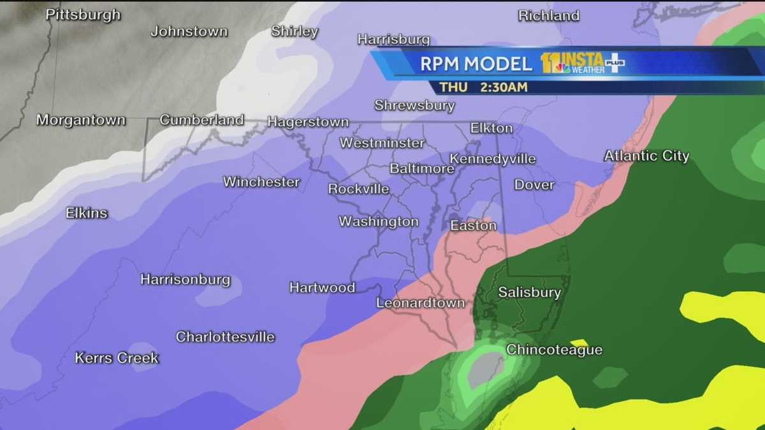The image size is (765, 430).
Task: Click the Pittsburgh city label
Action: pos(83,15)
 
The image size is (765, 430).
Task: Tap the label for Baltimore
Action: pos(421,169)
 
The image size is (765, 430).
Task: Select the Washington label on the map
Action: pos(378,222)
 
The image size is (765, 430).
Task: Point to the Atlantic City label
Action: pos(646,156)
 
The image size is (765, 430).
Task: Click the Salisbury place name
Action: pos(529,292)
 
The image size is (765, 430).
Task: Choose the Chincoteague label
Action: pos(554,350)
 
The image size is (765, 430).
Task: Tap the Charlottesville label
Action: pos(225,337)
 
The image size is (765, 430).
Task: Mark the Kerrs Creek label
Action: pos(117,358)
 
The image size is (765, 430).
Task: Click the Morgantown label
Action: pos(81,120)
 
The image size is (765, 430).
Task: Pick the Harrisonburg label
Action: pos(185,280)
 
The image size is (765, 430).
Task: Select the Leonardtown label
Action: pos(420,303)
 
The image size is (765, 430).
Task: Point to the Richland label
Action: pos(548,16)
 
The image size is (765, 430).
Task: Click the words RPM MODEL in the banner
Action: pos(476,64)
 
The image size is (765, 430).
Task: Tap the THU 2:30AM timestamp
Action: pos(483,87)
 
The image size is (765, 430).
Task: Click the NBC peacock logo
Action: pos(562,68)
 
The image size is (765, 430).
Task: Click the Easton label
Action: pos(473,226)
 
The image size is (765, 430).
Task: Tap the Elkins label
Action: pos(87,213)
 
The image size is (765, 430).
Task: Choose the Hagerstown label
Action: pos(308,122)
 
